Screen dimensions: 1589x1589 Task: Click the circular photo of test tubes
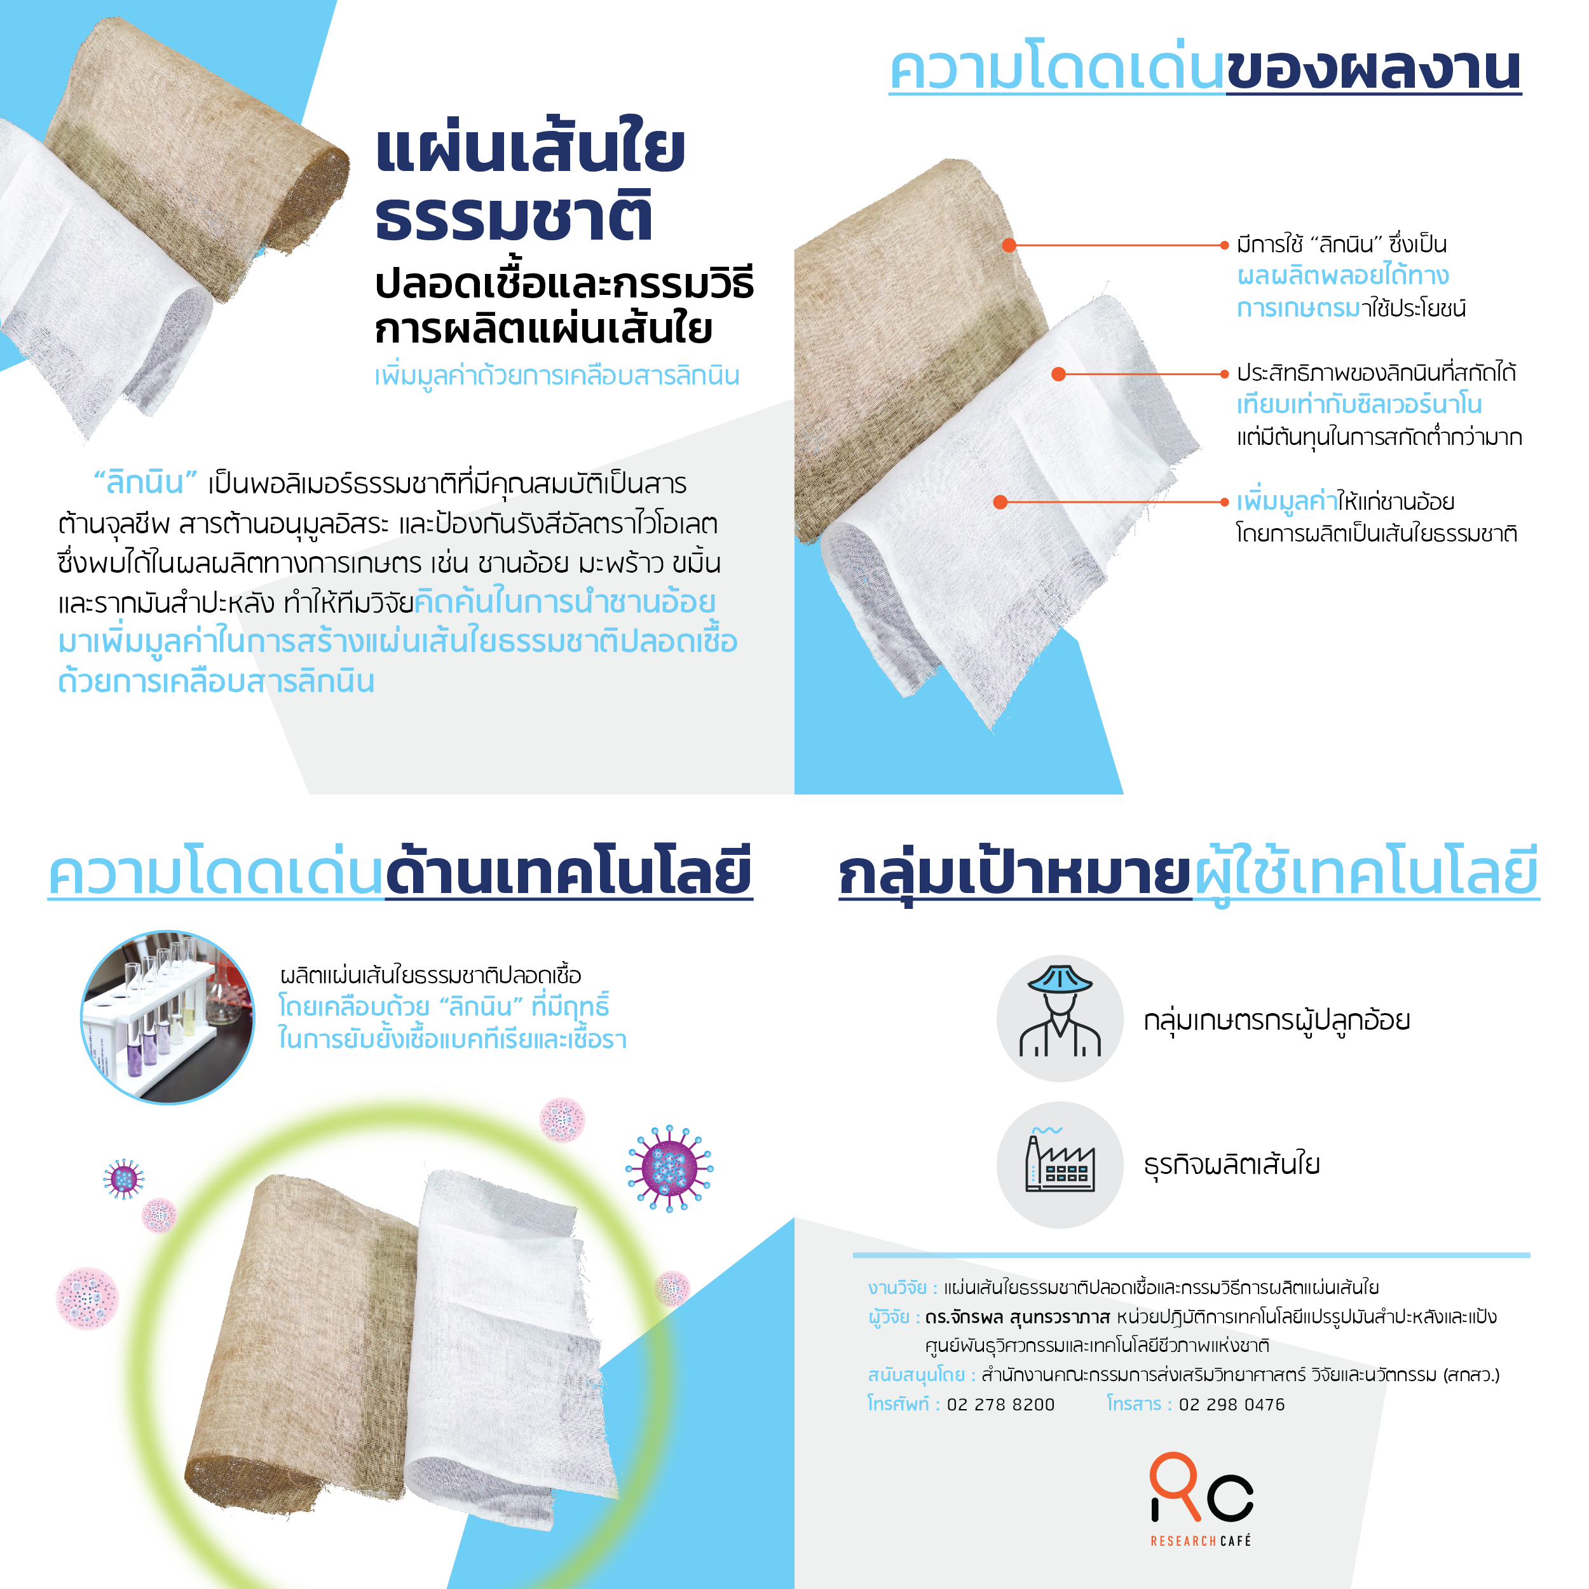pos(168,1018)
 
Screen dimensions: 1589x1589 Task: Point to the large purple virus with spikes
pos(669,1168)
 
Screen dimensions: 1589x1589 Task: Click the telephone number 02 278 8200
pos(1000,1405)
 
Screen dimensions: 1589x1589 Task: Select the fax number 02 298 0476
pos(1231,1405)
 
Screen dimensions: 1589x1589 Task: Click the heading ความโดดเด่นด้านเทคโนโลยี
pos(400,873)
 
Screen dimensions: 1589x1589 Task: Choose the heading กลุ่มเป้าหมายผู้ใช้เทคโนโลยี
pos(1189,875)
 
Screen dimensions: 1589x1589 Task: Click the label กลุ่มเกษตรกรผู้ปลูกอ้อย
pos(1276,1020)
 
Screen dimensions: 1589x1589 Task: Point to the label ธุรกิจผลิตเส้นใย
pos(1231,1164)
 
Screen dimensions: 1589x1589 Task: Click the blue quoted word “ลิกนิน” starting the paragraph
pos(146,482)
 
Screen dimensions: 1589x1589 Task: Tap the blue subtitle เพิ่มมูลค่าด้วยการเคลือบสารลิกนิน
pos(557,376)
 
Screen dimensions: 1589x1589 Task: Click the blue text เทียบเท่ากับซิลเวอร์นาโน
pos(1359,405)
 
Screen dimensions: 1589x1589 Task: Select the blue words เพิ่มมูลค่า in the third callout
pos(1286,500)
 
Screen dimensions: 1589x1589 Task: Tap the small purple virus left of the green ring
pos(123,1178)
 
